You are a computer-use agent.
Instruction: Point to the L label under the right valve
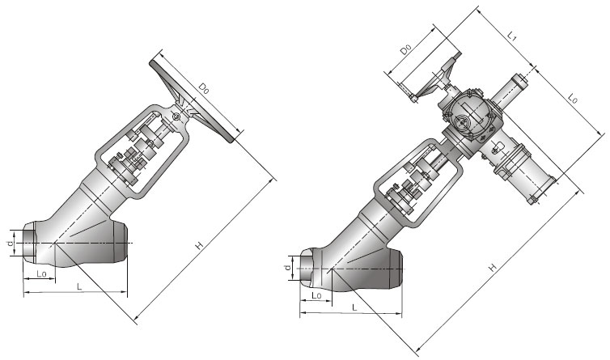tap(354, 309)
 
